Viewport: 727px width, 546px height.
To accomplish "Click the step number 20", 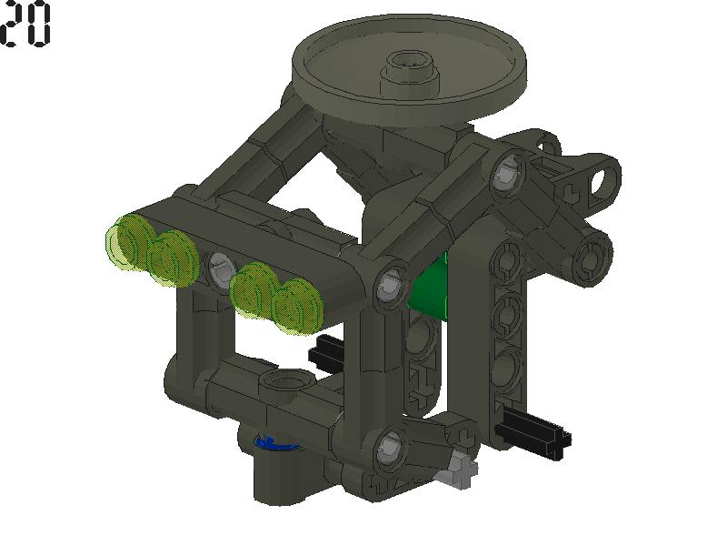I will pos(25,25).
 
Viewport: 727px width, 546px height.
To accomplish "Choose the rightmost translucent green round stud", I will pos(297,305).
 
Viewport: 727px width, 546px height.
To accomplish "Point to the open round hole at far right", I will pos(601,179).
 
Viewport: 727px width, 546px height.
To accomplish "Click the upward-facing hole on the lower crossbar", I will pos(275,380).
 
